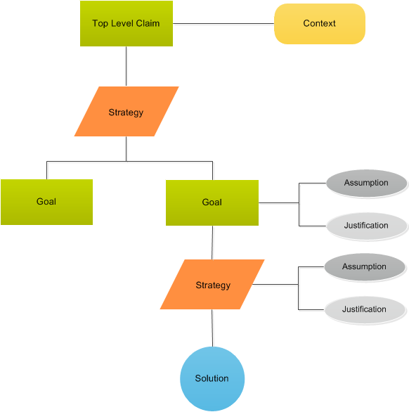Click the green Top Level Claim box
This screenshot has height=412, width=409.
pos(126,24)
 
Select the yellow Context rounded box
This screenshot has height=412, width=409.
pos(319,24)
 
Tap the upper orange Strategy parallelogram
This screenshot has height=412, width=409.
pos(126,112)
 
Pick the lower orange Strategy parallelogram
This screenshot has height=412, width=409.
pos(212,285)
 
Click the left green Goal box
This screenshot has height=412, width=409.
pos(46,202)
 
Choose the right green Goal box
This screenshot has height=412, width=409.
pos(212,202)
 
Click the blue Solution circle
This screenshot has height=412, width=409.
pos(212,378)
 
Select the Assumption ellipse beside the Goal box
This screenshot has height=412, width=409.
pos(366,184)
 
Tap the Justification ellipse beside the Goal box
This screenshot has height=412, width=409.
pos(366,226)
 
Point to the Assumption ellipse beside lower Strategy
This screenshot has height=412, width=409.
pos(364,267)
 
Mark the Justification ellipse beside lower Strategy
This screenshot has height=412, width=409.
pos(364,309)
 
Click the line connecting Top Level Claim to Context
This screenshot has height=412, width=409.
pos(223,24)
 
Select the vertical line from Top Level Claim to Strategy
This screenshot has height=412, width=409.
pos(126,66)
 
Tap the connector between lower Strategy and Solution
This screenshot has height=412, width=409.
pos(212,328)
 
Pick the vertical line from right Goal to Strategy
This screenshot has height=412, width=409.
pos(212,243)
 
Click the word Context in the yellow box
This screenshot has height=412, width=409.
pos(319,24)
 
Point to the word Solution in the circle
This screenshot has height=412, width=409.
pos(212,378)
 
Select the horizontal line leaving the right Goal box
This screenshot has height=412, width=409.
pos(278,203)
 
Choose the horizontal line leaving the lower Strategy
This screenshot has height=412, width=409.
pos(275,285)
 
